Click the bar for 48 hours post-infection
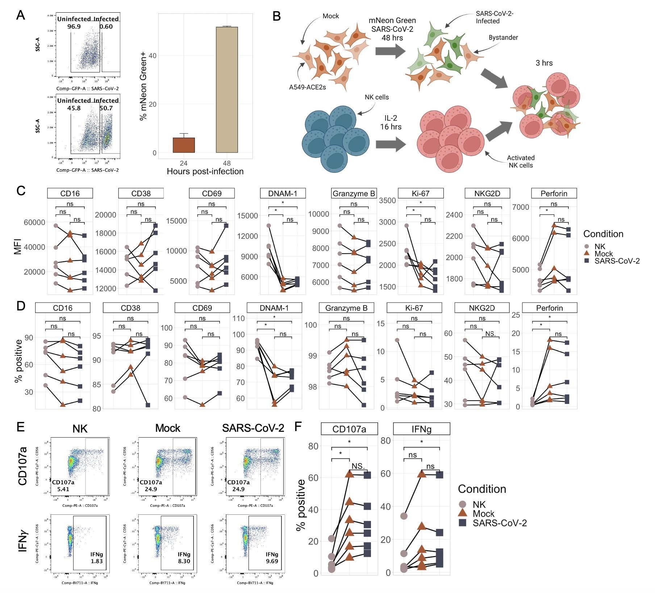(227, 89)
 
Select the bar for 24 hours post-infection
(184, 145)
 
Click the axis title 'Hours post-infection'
(205, 171)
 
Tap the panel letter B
(276, 16)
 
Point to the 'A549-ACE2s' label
(307, 87)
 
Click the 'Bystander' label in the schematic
(503, 38)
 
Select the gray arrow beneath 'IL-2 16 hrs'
(391, 145)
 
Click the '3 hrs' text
(544, 63)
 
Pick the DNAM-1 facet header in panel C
(283, 193)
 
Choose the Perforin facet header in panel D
(550, 308)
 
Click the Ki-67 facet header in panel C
(421, 193)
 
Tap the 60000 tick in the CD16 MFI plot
(34, 222)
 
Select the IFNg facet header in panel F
(421, 429)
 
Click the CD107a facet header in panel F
(349, 429)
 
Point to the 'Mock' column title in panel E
(168, 428)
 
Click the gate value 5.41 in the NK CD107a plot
(61, 489)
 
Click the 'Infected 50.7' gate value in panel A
(106, 108)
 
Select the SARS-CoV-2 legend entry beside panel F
(499, 523)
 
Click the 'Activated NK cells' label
(521, 162)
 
